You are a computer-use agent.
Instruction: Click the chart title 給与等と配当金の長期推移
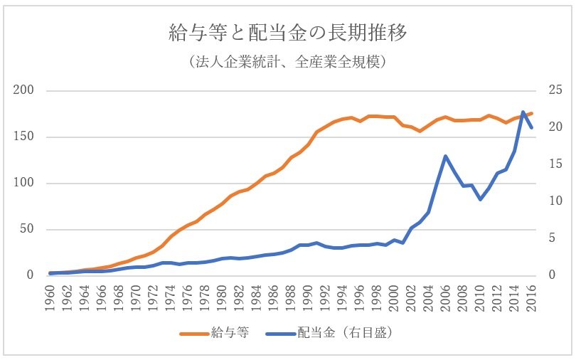(288, 33)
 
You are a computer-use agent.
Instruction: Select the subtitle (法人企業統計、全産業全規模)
(288, 63)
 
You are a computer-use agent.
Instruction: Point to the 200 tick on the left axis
(24, 91)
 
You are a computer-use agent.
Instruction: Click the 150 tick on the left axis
(24, 137)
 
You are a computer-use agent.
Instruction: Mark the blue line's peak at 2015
(523, 112)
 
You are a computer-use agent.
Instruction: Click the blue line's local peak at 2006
(446, 156)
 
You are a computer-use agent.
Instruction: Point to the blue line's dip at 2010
(480, 200)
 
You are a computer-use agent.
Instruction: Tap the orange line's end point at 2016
(532, 113)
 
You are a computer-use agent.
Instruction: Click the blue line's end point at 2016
(532, 128)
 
